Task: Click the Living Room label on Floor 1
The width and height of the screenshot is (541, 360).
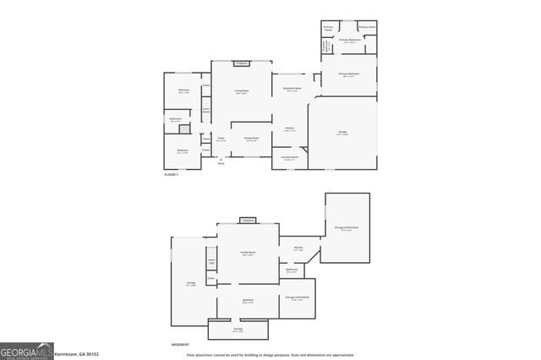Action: (x=241, y=90)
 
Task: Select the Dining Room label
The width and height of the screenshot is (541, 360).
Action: (x=251, y=139)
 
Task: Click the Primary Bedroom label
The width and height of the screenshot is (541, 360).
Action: (x=349, y=74)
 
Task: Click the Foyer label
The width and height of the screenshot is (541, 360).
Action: (x=220, y=139)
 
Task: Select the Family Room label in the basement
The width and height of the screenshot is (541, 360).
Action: (x=248, y=252)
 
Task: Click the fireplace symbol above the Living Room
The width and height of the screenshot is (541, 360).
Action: (x=241, y=63)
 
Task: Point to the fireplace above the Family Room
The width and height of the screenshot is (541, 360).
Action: (x=248, y=220)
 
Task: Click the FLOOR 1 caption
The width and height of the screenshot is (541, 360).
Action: (x=172, y=174)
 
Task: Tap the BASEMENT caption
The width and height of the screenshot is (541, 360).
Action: (x=179, y=345)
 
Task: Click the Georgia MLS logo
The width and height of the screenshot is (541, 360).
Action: (x=26, y=351)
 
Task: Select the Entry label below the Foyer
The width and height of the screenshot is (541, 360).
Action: (x=221, y=163)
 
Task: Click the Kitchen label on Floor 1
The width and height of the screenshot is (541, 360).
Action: (x=289, y=129)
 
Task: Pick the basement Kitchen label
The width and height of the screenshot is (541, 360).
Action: (x=298, y=248)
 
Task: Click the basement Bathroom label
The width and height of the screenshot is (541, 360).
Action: (x=292, y=270)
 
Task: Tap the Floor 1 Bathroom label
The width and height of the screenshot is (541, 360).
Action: (x=175, y=119)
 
